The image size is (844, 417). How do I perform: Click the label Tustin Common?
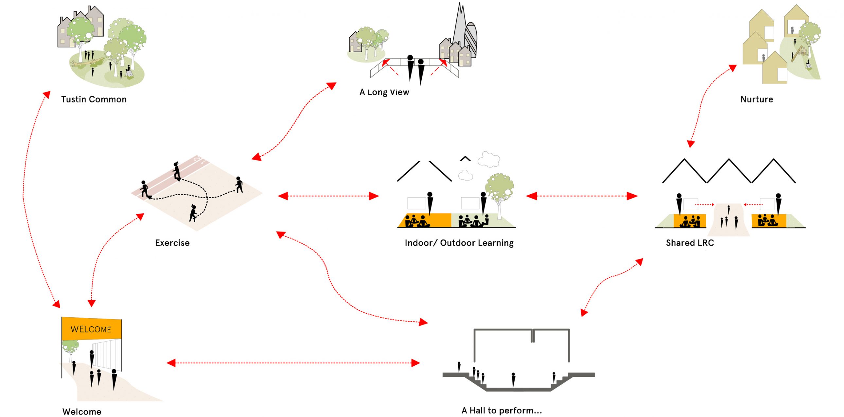pos(94,99)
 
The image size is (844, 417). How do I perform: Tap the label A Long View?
pos(384,92)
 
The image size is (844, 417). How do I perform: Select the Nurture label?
pos(757,99)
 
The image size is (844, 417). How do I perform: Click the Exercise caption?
pos(172,243)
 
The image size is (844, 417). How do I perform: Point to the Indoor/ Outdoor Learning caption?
pos(459,243)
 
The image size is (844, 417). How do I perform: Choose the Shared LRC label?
pos(690,243)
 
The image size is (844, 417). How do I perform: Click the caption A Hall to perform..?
pos(501,410)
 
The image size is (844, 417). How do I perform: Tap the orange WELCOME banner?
pos(91,329)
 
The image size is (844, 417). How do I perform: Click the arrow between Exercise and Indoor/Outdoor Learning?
pos(328,196)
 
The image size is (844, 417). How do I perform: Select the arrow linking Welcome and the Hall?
pos(293,363)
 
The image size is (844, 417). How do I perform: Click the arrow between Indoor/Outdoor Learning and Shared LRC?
pos(582,196)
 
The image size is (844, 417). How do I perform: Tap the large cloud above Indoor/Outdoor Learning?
pos(489,159)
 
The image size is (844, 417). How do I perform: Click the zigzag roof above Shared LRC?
pos(729,170)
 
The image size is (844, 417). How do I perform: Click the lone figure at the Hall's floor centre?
pos(513,380)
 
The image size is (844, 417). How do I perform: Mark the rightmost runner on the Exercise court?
pos(239,184)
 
